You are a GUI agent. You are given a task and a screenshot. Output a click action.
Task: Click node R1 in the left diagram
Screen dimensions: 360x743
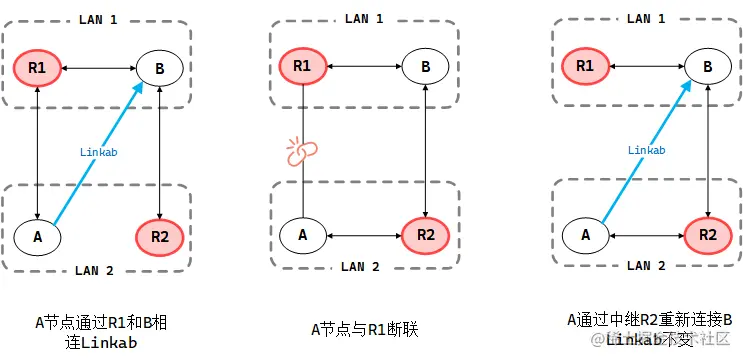click(37, 68)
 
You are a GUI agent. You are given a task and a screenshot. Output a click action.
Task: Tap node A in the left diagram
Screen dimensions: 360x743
click(37, 236)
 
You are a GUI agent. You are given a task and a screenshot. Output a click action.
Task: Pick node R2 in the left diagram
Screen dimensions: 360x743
click(161, 236)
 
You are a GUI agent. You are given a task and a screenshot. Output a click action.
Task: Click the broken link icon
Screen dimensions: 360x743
click(301, 151)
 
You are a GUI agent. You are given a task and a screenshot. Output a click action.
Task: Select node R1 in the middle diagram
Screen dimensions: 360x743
click(302, 68)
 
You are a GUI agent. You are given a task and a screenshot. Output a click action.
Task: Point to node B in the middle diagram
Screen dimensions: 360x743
click(426, 68)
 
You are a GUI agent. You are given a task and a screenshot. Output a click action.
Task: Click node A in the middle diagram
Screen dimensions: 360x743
click(302, 236)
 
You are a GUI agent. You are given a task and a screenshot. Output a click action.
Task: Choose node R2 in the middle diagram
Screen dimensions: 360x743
click(426, 236)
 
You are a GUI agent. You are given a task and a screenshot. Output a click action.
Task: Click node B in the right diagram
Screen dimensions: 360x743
click(708, 68)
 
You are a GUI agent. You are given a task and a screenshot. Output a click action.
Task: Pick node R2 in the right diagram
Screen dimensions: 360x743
click(708, 236)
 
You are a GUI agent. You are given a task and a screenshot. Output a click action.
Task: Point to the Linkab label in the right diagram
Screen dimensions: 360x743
click(647, 150)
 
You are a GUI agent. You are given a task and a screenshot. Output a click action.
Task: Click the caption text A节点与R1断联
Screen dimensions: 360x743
click(364, 327)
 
